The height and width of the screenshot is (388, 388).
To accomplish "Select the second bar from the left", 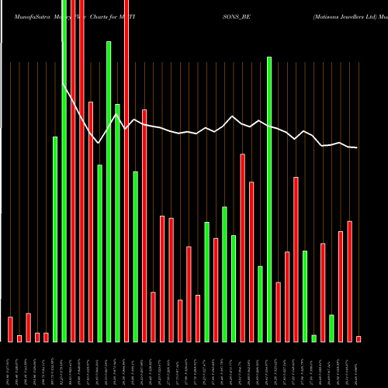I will [19, 338].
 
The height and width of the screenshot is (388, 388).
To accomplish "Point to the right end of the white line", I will [357, 147].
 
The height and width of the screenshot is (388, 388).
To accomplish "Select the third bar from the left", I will [28, 327].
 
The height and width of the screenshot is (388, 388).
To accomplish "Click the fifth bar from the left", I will [46, 337].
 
